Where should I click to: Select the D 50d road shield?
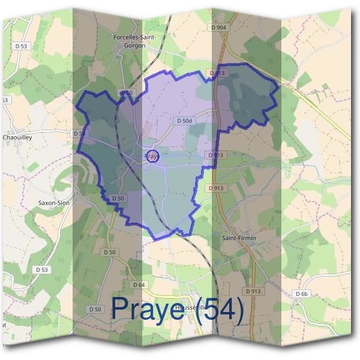pos(184,121)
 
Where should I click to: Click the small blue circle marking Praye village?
pos(152,156)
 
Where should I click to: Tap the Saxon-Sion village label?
pos(54,203)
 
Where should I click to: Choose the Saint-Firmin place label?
pos(239,238)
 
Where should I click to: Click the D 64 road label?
pos(139,284)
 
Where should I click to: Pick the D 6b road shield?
pos(301,293)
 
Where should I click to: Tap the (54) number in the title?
pos(223,310)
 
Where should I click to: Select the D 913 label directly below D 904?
pos(217,73)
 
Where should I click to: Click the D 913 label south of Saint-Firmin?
pos(253,291)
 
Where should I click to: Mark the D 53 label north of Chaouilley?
pos(22,46)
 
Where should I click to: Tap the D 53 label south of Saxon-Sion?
pos(41,269)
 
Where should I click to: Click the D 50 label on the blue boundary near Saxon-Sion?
pos(117,198)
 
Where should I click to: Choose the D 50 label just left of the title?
pos(94,308)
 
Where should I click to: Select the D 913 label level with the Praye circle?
pos(215,155)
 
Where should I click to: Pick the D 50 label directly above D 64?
pos(109,252)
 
